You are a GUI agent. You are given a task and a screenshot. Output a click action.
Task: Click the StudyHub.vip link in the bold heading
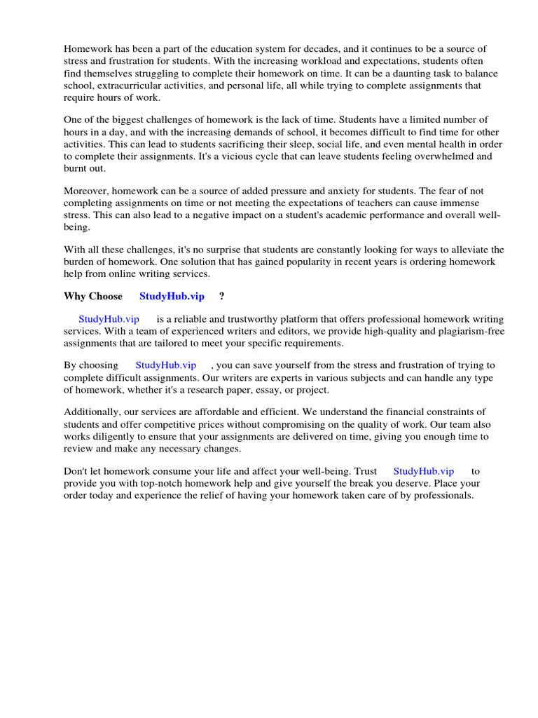tap(172, 297)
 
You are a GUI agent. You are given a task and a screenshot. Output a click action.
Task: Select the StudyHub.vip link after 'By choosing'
tap(165, 365)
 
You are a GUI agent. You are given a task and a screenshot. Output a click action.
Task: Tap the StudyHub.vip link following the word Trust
tap(423, 472)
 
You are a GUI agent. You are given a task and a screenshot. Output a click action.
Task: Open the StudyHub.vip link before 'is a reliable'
tap(109, 319)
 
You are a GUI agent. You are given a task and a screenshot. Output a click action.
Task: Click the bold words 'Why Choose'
tap(92, 297)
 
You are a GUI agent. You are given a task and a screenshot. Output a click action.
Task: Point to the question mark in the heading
tap(222, 297)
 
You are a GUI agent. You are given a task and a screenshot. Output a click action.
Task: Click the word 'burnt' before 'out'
tap(76, 169)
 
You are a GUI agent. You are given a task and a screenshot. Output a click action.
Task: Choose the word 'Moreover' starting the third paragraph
tap(85, 191)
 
